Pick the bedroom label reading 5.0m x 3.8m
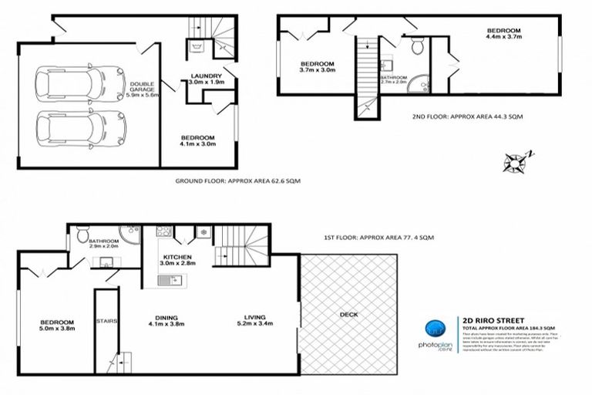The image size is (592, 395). click(x=57, y=326)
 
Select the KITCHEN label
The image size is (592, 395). click(x=177, y=259)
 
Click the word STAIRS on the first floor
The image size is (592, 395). click(x=106, y=322)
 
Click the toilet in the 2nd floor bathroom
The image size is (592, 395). click(x=417, y=47)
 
